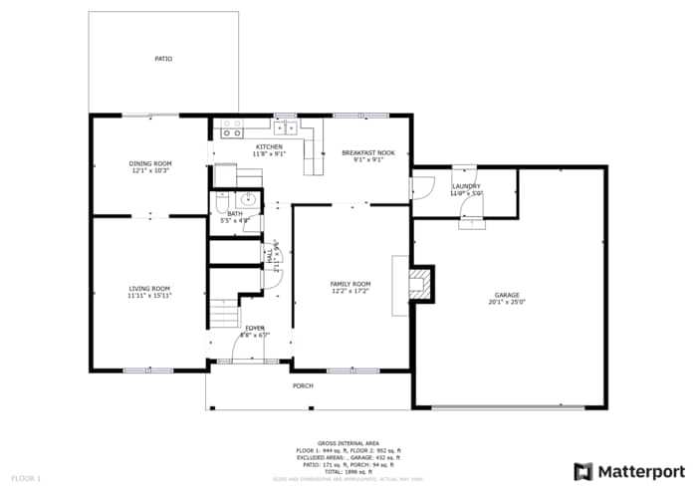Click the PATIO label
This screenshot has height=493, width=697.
[x=163, y=59]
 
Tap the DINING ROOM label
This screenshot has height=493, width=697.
[x=150, y=163]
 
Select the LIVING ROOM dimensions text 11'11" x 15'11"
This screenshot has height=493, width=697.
[x=149, y=296]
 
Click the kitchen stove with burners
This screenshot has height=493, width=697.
[x=231, y=128]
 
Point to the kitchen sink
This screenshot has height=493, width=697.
[x=286, y=127]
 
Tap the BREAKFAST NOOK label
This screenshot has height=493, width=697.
[x=368, y=152]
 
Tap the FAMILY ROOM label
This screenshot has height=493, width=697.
[x=349, y=284]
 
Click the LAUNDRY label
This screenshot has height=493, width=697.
[x=466, y=186]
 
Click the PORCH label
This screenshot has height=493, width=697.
[x=303, y=385]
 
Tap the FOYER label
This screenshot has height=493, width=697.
[x=255, y=328]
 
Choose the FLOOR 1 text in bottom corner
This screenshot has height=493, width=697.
[x=27, y=479]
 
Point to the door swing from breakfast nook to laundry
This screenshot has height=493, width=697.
[x=422, y=186]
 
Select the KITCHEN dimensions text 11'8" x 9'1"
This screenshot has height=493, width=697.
[x=269, y=154]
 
